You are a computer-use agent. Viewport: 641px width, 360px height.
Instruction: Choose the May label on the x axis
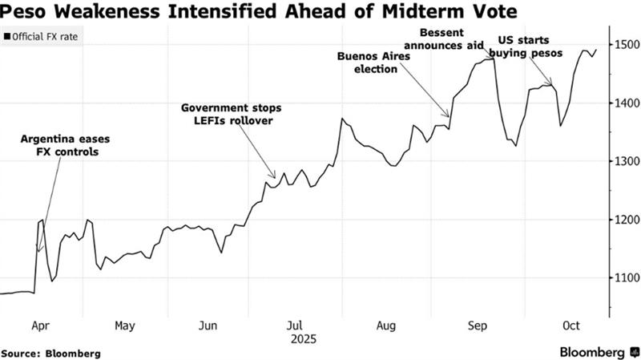[x=124, y=326]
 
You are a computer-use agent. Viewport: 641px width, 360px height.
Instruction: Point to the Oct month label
[x=571, y=326]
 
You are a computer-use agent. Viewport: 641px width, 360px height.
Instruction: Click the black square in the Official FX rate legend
[x=7, y=37]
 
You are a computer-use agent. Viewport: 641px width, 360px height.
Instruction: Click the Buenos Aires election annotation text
[x=376, y=63]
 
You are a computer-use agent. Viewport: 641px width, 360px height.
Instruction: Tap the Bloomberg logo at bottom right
[x=592, y=352]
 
